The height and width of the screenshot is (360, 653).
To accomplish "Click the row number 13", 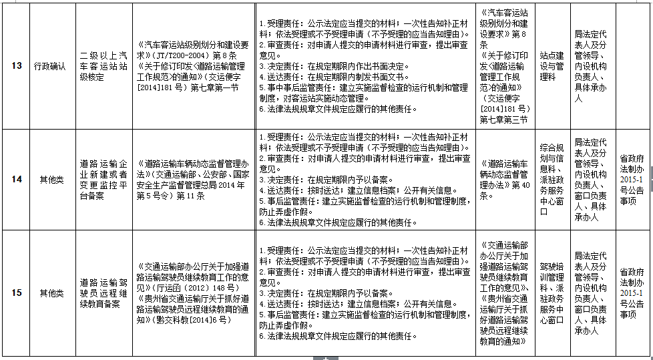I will click(17, 65).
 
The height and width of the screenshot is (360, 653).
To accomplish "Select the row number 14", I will click(17, 180).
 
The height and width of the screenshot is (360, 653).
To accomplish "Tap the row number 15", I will click(17, 293).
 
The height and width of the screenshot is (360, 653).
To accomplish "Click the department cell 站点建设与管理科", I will click(552, 65).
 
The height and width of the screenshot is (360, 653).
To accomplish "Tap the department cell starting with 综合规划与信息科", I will click(552, 180).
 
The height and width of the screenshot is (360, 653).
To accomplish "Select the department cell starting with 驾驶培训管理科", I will click(552, 293).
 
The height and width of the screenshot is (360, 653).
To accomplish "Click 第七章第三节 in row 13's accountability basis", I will click(503, 120).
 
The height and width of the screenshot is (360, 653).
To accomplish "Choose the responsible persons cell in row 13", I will click(590, 65).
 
